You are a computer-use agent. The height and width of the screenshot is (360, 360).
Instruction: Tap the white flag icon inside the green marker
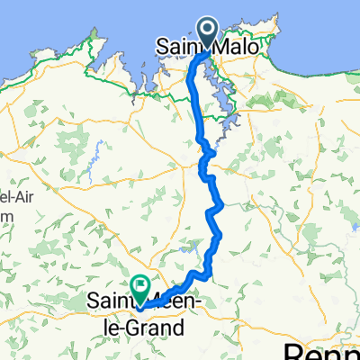pyautogui.click(x=141, y=284)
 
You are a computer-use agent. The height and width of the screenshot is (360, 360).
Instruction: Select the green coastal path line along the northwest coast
pyautogui.click(x=54, y=54)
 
